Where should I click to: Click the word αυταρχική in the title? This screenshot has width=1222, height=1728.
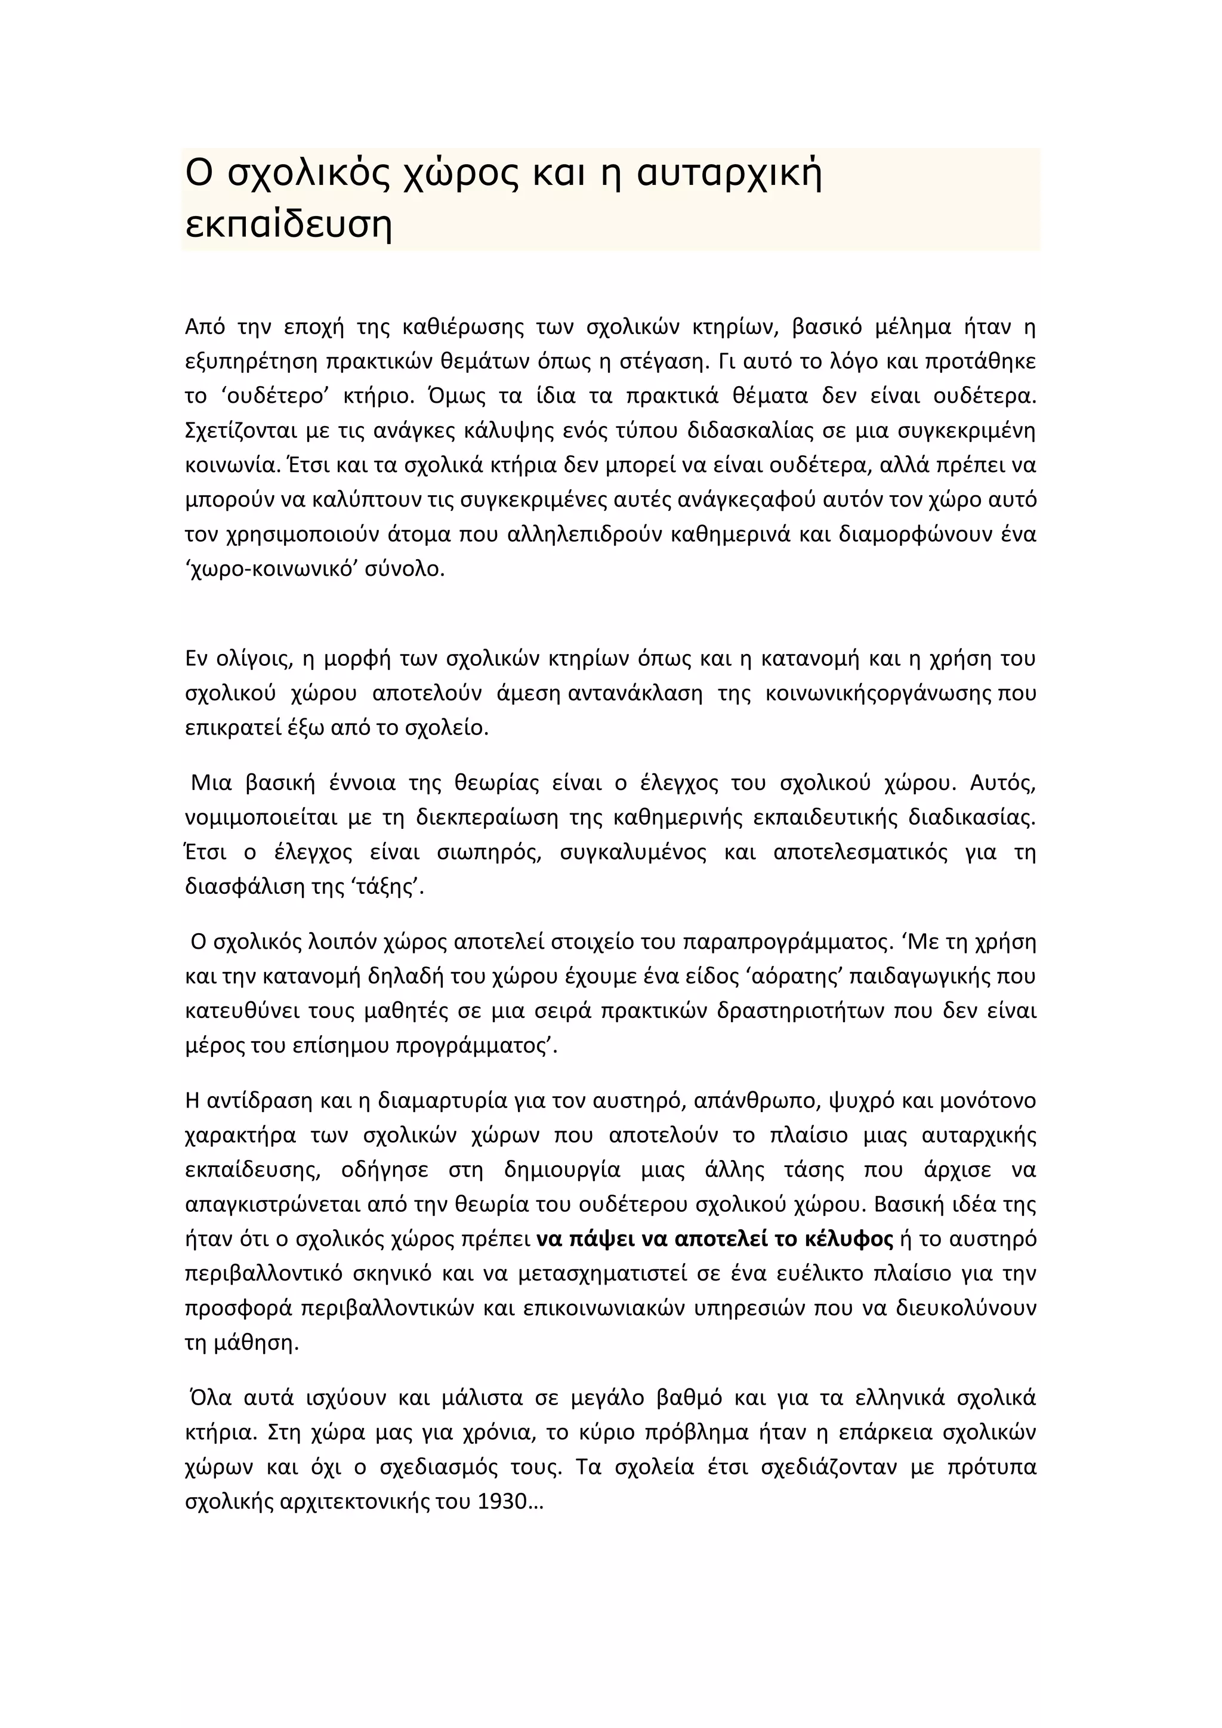coord(729,174)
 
